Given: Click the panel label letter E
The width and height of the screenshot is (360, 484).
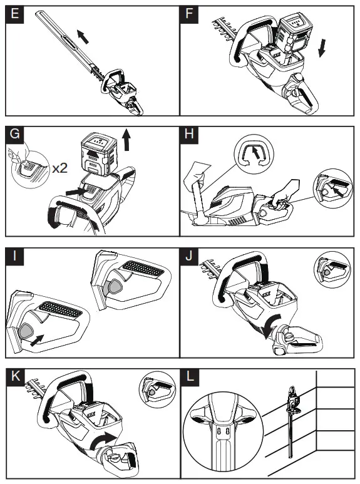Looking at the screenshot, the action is (14, 14).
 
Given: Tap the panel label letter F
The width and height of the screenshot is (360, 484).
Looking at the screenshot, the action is (189, 14).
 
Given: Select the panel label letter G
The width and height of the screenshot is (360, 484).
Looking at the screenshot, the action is (15, 134).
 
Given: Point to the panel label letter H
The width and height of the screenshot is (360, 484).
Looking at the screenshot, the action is (189, 134).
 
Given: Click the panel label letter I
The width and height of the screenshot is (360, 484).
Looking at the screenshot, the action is (14, 256).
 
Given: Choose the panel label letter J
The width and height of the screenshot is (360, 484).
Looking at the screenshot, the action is (189, 256).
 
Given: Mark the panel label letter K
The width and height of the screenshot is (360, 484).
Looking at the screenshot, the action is (16, 376).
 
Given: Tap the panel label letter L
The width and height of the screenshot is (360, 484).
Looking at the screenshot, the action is (190, 376).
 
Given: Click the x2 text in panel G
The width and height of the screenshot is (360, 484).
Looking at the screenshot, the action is (59, 168).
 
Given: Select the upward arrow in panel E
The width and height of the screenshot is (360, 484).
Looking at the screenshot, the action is (83, 36).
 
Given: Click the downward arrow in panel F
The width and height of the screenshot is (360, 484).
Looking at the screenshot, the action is (322, 48).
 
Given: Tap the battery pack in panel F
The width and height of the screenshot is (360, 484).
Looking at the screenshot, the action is (292, 34).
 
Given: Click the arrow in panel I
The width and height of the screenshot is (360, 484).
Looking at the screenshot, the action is (37, 340).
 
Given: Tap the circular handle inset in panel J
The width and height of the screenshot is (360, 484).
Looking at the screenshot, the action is (332, 269).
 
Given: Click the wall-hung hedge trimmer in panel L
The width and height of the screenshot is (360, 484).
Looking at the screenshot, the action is (292, 421).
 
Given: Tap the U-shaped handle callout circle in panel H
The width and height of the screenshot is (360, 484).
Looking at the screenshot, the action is (254, 154).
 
